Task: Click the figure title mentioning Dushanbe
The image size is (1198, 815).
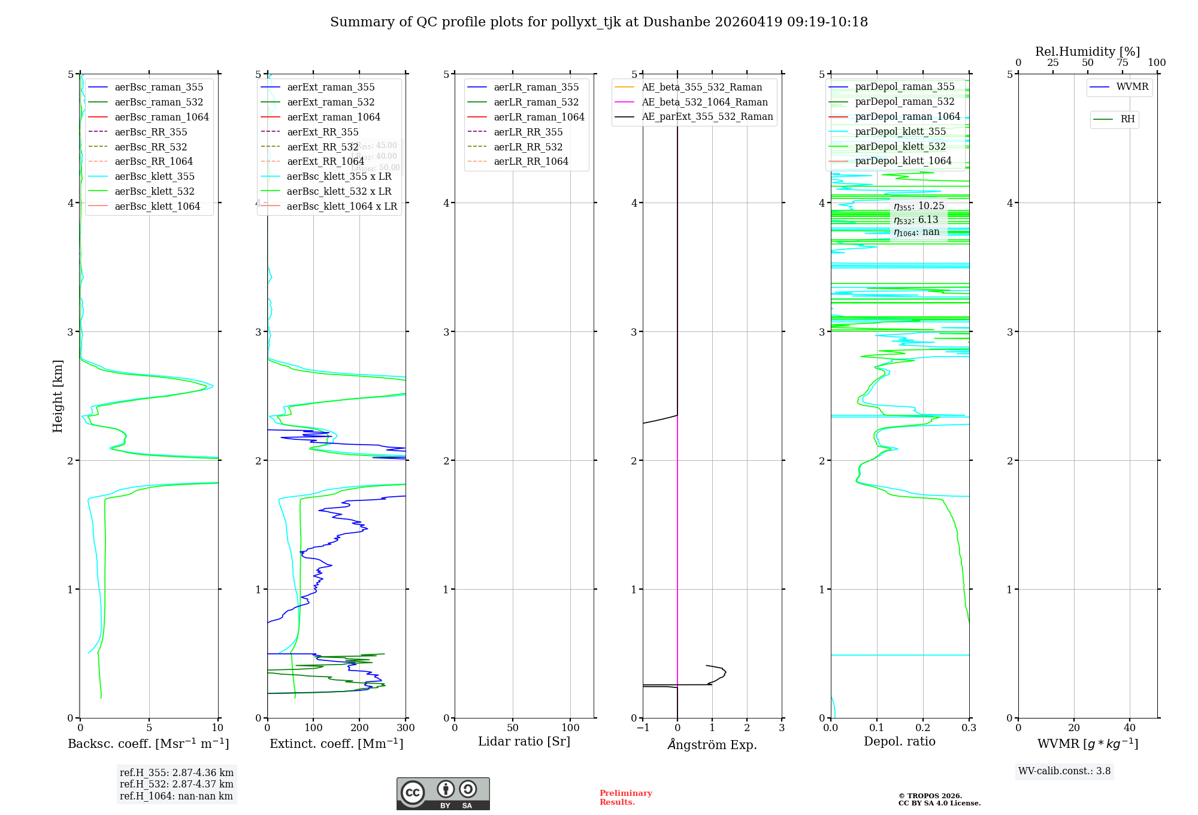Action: click(599, 22)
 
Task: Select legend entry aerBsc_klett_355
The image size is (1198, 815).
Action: click(155, 177)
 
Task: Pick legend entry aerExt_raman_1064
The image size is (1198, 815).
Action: click(334, 117)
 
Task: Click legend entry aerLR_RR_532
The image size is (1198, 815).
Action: click(528, 147)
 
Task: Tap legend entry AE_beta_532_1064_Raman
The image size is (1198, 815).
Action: click(704, 102)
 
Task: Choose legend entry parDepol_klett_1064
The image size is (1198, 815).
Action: click(903, 161)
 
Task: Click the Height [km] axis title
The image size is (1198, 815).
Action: click(58, 396)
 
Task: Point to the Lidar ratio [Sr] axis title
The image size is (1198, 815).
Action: click(524, 742)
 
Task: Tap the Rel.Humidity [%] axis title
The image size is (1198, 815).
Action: click(1087, 52)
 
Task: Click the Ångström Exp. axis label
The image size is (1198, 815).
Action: click(712, 745)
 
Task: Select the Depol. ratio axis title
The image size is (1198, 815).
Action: click(899, 742)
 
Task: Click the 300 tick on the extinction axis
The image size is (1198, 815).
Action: click(406, 728)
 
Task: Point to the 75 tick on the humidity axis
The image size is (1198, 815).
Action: click(1122, 63)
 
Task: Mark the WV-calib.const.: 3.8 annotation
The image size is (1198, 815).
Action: click(1064, 771)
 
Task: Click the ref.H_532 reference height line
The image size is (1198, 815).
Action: click(176, 784)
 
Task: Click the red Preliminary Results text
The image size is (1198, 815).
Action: click(625, 798)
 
